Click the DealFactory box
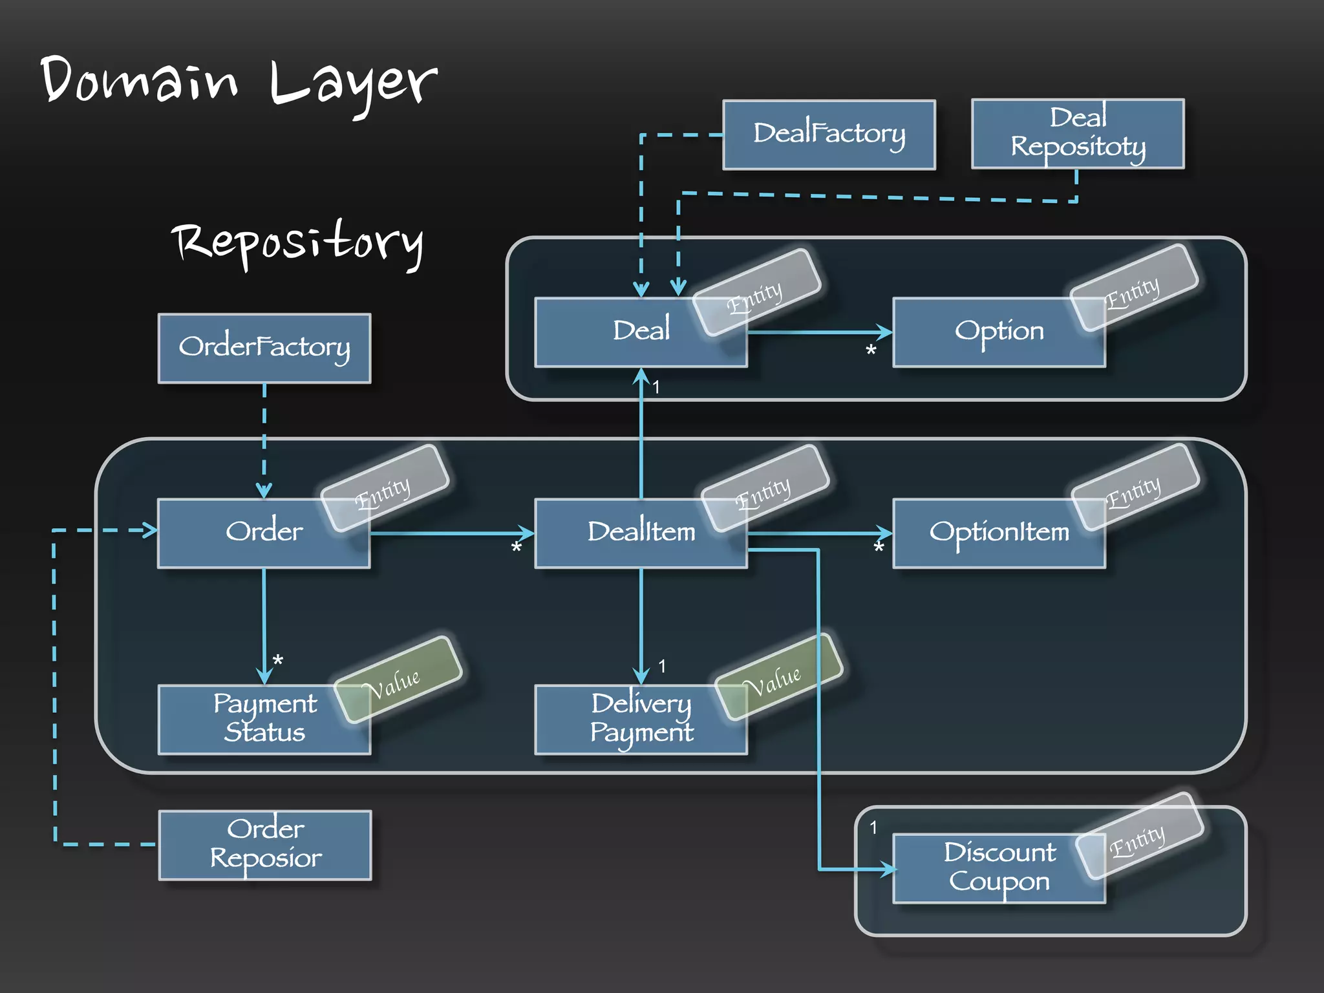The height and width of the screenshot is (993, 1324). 829,134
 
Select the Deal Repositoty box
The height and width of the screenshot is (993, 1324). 1078,134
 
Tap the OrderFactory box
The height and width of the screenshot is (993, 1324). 264,348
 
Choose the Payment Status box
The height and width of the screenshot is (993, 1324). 264,719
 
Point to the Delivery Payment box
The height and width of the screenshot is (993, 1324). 641,719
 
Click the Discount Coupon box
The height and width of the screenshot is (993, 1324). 999,868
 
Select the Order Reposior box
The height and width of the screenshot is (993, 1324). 265,844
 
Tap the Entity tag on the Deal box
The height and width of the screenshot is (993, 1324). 756,293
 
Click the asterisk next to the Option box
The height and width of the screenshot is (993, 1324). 871,351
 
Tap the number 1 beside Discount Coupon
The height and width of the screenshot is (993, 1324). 873,827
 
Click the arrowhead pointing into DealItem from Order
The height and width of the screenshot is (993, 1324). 526,533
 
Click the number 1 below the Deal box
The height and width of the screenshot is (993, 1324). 656,387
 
